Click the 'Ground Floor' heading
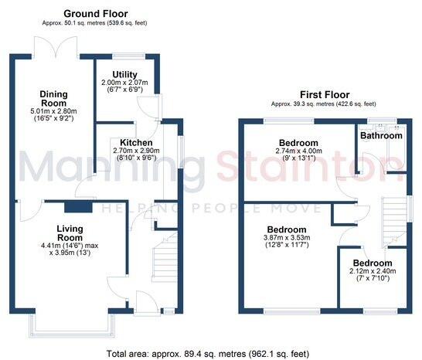[x=95, y=14]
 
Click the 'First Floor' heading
[x=323, y=93]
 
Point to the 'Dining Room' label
[x=54, y=100]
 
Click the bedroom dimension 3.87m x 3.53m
[x=287, y=241]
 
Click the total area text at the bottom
[x=210, y=353]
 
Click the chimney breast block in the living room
[x=74, y=206]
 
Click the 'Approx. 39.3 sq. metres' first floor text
[x=323, y=104]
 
